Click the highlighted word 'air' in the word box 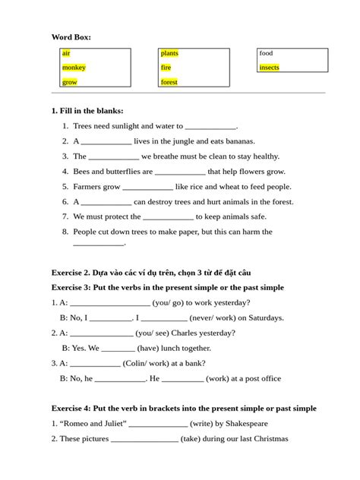tap(66, 53)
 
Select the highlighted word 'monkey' tap(74, 68)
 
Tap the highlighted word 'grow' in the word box tap(69, 82)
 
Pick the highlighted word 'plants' tap(169, 53)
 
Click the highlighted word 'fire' tap(166, 68)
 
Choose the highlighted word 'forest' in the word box tap(169, 82)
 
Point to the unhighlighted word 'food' tap(266, 53)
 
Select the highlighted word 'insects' tap(269, 68)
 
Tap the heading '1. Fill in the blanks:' tap(87, 111)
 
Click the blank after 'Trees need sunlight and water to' tap(210, 127)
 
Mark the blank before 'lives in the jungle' tap(106, 142)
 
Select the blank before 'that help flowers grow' tap(180, 172)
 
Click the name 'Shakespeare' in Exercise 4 tap(238, 424)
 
